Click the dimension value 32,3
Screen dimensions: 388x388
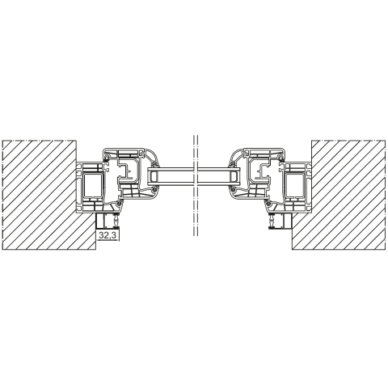click(108, 235)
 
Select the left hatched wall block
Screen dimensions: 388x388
click(40, 195)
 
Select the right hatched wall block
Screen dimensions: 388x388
click(348, 195)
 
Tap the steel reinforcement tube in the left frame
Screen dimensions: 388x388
click(94, 186)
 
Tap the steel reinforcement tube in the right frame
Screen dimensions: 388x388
click(294, 186)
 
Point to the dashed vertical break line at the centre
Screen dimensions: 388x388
click(196, 185)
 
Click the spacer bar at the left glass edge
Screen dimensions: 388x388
click(154, 177)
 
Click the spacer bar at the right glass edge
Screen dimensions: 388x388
click(234, 177)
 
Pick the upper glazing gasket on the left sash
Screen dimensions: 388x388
click(154, 164)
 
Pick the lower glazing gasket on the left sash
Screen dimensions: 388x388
click(154, 189)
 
